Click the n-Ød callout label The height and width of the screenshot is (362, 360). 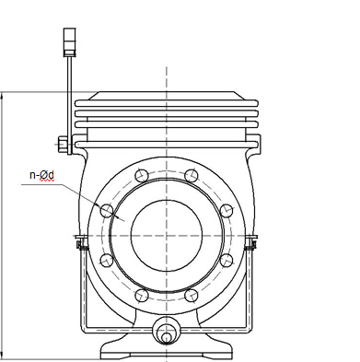point(41,175)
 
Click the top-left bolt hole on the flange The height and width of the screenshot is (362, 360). point(142,176)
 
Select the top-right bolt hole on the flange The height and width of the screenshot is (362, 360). point(192,176)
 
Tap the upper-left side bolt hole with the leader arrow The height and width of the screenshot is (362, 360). point(107,211)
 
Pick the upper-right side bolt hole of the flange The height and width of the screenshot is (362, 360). point(226,210)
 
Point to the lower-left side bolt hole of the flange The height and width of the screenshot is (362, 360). point(107,261)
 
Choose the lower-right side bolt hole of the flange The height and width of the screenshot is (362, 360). point(226,261)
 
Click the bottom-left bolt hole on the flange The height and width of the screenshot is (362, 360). point(142,296)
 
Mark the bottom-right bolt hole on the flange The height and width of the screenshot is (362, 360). point(192,296)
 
